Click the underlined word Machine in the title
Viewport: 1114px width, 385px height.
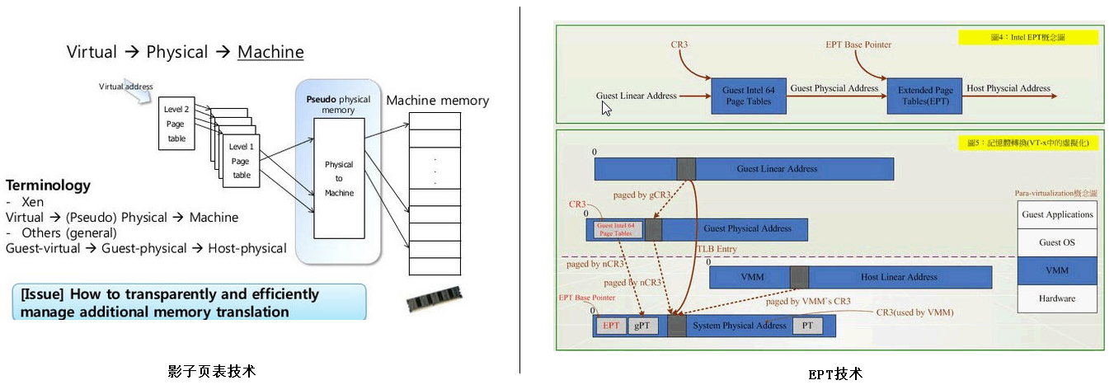coord(270,52)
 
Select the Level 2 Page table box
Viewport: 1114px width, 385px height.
coord(176,124)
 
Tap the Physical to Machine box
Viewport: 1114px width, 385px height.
coord(339,178)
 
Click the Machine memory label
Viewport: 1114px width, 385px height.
coord(437,101)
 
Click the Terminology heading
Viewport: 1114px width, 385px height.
coord(48,185)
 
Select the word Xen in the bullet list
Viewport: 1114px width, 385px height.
coord(33,202)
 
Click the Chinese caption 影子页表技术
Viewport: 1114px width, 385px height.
coord(211,371)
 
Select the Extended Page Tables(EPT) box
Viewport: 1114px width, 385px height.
coord(925,96)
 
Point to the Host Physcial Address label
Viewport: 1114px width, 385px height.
coord(1008,88)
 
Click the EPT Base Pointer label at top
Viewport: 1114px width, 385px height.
coord(858,45)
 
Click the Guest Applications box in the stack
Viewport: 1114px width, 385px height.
coord(1057,214)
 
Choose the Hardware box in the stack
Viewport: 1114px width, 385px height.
coord(1057,298)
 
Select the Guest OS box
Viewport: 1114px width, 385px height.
coord(1057,242)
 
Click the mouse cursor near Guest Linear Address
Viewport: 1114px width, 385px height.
coord(606,108)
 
